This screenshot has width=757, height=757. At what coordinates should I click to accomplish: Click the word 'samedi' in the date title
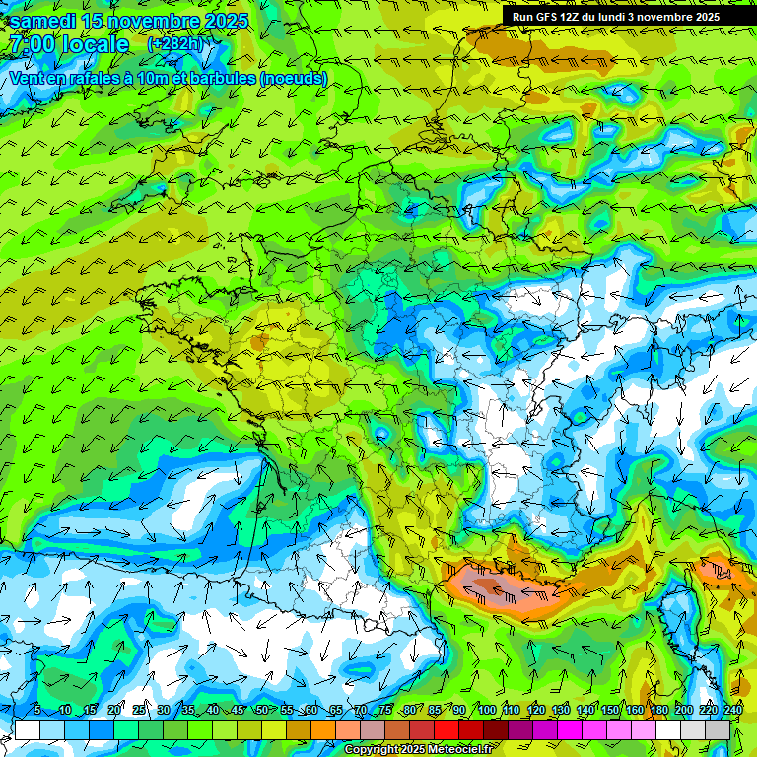[45, 21]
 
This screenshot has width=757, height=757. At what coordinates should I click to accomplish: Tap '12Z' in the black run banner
[574, 17]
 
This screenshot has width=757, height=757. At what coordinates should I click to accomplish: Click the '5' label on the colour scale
[36, 710]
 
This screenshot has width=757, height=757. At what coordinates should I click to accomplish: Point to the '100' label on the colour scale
[486, 710]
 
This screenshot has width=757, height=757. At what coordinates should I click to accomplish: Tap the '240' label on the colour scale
[733, 710]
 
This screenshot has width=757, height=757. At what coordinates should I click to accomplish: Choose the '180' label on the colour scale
[658, 710]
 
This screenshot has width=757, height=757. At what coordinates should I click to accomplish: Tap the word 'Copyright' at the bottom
[373, 750]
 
